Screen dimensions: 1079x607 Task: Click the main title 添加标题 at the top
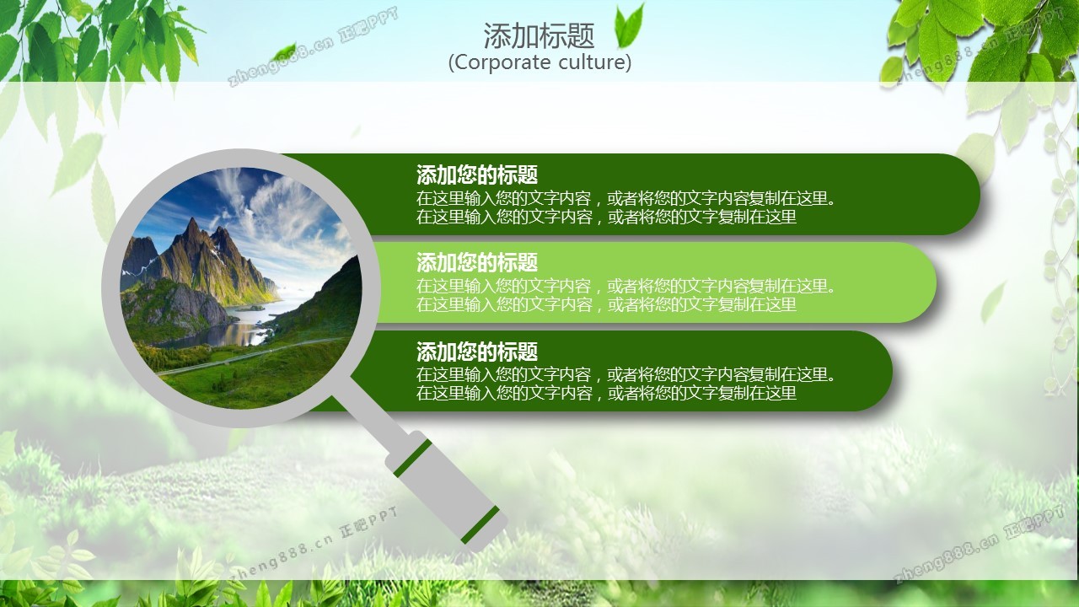click(x=539, y=35)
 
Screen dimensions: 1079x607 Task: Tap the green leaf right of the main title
click(x=629, y=26)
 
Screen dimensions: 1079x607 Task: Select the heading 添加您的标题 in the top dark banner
click(x=477, y=175)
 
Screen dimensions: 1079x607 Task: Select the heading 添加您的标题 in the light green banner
click(x=477, y=262)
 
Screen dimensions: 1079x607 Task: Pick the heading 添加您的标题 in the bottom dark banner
click(x=477, y=352)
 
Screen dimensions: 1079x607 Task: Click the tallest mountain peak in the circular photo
click(x=192, y=221)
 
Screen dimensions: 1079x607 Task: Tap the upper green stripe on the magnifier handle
click(x=412, y=459)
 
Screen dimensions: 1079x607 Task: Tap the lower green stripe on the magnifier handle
click(x=480, y=524)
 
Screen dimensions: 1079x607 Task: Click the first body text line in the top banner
click(x=625, y=198)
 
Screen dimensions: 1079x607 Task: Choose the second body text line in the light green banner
click(x=606, y=304)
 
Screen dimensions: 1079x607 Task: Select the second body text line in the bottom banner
click(x=606, y=393)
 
